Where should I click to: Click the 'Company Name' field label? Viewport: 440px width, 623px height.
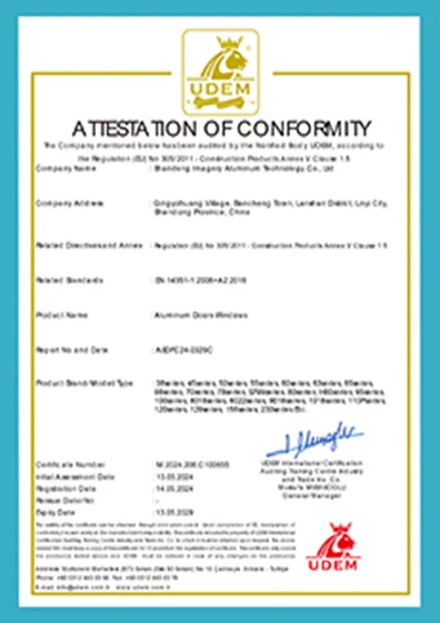[x=66, y=168]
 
